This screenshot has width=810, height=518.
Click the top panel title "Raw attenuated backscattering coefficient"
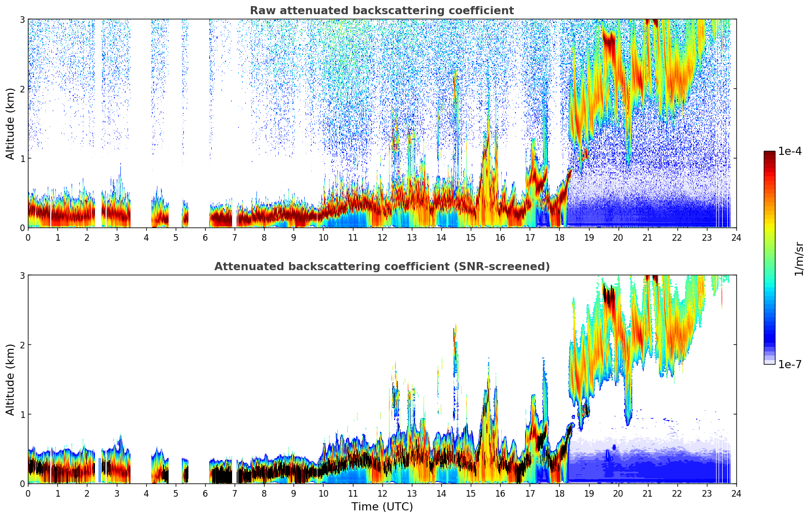click(x=381, y=11)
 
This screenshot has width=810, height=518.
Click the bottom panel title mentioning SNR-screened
click(x=381, y=267)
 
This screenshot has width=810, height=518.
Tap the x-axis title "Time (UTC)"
click(x=382, y=507)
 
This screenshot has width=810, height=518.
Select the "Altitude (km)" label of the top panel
click(x=11, y=123)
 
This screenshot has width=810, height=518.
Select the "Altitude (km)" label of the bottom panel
click(x=11, y=379)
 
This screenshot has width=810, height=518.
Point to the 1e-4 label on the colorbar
click(x=790, y=151)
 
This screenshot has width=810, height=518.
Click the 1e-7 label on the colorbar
click(x=790, y=364)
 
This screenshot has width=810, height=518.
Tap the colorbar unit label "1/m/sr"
click(x=799, y=258)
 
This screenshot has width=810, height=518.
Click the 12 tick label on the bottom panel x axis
click(x=382, y=493)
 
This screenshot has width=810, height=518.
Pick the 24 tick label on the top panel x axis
click(x=736, y=237)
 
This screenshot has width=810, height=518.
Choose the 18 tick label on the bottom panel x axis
click(x=559, y=493)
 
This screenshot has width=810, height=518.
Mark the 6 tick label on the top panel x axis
click(x=205, y=237)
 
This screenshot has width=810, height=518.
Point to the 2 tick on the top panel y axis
click(x=22, y=89)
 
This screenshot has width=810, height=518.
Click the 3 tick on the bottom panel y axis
click(x=22, y=275)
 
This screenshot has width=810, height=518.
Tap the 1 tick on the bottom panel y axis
click(x=22, y=414)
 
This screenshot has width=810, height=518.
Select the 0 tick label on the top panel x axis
click(x=28, y=237)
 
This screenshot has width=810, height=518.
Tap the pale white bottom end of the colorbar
click(x=769, y=362)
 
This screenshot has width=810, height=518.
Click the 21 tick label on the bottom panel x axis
click(x=647, y=493)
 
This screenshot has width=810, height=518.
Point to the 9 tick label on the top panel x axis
click(x=294, y=237)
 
